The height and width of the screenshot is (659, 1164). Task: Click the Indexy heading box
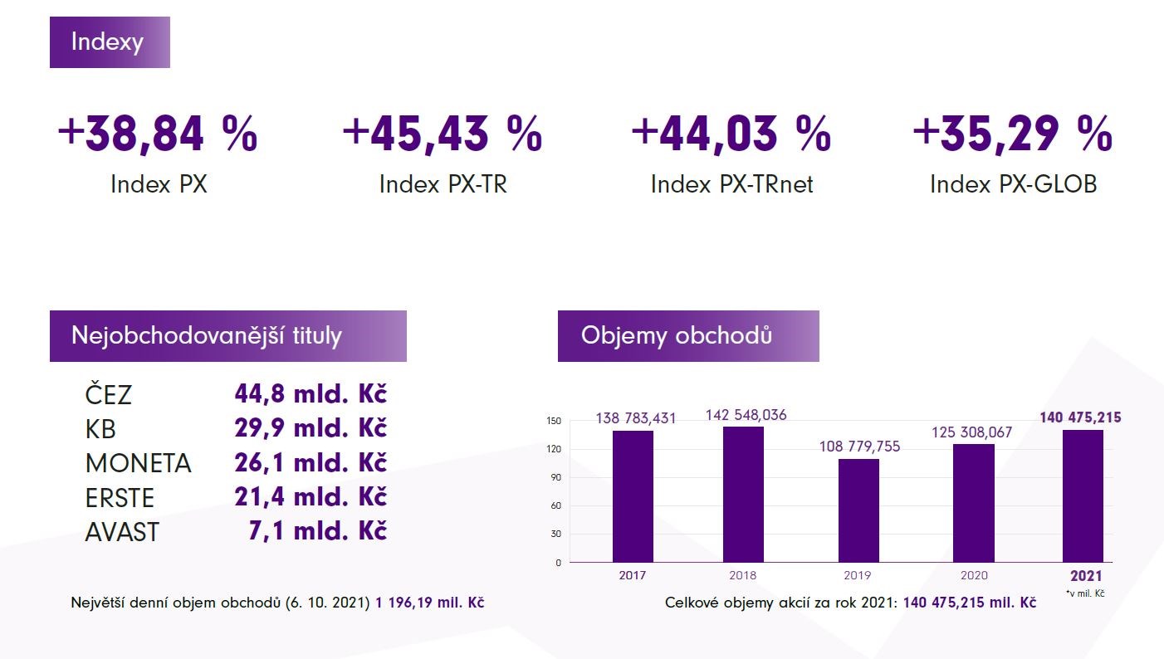point(110,42)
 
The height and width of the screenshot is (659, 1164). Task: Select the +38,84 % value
point(158,134)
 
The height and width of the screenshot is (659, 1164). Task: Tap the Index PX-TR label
point(443,183)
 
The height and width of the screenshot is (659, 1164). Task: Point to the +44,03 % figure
point(731,134)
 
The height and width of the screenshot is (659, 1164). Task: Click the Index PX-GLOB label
point(1013,183)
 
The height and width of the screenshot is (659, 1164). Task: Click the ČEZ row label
point(108,394)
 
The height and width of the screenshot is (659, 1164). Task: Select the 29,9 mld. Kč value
point(311,428)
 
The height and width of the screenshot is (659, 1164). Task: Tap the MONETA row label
point(138,463)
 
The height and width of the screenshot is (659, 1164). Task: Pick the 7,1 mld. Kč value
point(317,530)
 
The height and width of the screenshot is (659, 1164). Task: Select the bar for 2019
point(858,510)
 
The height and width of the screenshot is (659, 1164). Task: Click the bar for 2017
point(633,496)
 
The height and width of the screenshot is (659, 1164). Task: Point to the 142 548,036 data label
point(746,415)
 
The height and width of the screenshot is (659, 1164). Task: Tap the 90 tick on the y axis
point(554,477)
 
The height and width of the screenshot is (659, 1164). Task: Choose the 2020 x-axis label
point(974,575)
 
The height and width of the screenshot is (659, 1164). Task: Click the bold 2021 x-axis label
point(1086,575)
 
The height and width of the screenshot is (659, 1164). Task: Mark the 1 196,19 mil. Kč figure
point(430,603)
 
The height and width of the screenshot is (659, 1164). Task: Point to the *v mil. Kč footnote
point(1084,593)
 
